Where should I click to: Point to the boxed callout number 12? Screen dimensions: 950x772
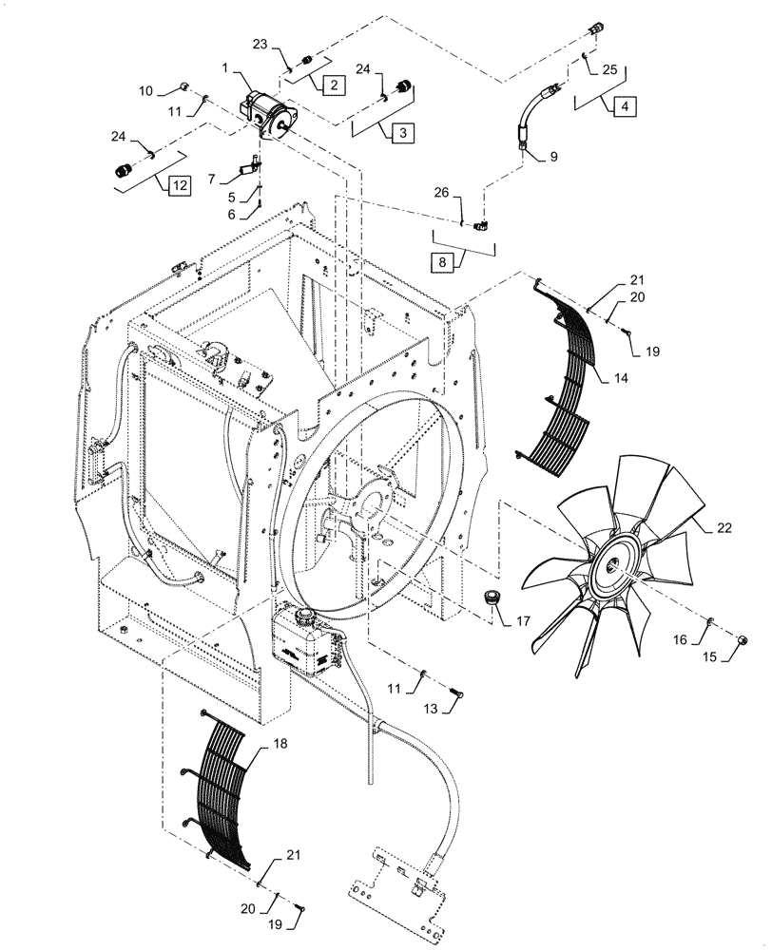177,186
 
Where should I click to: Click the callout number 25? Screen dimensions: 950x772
609,70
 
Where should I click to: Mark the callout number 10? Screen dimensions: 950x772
145,90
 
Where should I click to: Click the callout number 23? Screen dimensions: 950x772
260,44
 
